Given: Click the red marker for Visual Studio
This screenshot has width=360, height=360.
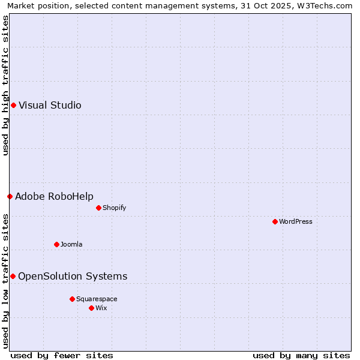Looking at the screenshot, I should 13,106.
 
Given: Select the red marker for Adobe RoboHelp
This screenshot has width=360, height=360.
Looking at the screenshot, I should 10,196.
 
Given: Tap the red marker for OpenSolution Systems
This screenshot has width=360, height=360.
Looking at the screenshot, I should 13,276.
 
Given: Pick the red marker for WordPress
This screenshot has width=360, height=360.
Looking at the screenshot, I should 275,221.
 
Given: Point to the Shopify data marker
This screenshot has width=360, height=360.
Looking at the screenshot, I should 98,208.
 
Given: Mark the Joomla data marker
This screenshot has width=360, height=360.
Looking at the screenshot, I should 56,244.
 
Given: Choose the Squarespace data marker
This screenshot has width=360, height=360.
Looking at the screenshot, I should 72,299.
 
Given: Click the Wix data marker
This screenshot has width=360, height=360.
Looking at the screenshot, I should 91,308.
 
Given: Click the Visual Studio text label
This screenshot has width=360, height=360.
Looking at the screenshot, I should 50,106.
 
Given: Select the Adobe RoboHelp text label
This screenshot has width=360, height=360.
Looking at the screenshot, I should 54,196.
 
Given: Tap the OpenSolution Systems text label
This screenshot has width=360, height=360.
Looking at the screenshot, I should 73,276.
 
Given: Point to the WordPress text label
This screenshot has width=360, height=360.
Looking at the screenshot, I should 296,221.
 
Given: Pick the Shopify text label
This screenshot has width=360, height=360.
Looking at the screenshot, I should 114,208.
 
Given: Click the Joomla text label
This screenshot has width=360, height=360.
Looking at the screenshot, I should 71,244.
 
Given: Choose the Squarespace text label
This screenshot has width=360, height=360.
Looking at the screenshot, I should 97,299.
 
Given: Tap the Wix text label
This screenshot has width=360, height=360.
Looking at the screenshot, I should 101,308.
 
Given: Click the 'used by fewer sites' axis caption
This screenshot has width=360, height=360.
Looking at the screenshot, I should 62,355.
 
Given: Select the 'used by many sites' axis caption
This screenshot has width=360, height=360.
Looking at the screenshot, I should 301,355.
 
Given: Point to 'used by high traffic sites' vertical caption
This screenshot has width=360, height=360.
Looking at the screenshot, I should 5,85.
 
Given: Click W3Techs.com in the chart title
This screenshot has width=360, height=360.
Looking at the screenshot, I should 326,5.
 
